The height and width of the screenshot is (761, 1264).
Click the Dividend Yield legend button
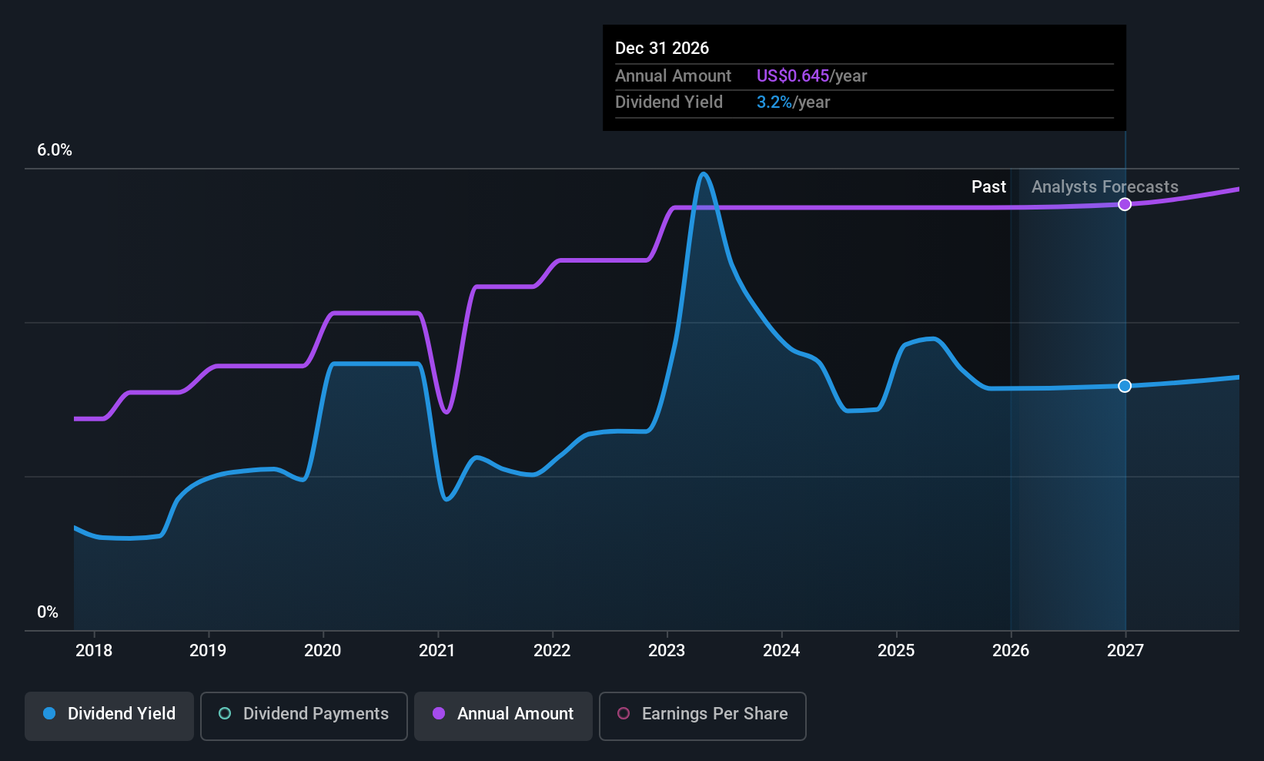(x=109, y=716)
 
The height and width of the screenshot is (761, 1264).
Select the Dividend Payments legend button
(x=303, y=716)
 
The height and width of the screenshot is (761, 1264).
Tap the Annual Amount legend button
(x=503, y=716)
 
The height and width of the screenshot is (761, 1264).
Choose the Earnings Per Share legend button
(x=703, y=716)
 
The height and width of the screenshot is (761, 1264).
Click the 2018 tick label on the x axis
(x=94, y=650)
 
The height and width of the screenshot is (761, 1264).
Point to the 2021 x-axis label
(x=437, y=650)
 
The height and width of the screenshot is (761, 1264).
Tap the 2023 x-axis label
(x=667, y=650)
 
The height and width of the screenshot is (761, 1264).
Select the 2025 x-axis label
(x=896, y=650)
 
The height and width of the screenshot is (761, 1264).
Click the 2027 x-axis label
(x=1125, y=650)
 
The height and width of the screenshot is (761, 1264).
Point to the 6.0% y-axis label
(x=54, y=150)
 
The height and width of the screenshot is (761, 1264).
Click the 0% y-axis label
(x=48, y=612)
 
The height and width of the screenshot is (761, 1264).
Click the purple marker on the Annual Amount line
(x=1125, y=204)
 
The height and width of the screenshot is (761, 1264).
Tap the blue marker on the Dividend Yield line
(x=1125, y=386)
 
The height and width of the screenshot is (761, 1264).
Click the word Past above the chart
(x=988, y=187)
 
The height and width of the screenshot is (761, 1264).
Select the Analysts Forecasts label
(x=1105, y=187)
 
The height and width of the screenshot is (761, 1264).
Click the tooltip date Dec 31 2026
(x=662, y=49)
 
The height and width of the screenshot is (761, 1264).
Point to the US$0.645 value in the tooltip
(x=793, y=75)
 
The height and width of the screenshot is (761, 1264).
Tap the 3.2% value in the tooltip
(x=774, y=102)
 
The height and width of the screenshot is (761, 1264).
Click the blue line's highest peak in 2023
(x=703, y=173)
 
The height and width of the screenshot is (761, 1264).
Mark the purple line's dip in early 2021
(x=446, y=412)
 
